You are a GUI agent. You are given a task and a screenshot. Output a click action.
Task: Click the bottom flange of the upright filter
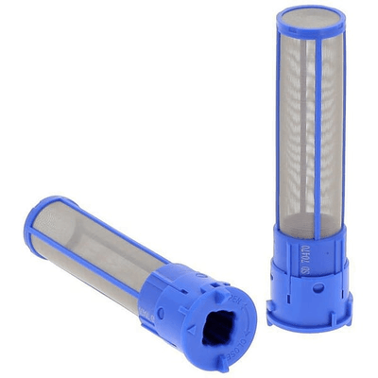[312, 313]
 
